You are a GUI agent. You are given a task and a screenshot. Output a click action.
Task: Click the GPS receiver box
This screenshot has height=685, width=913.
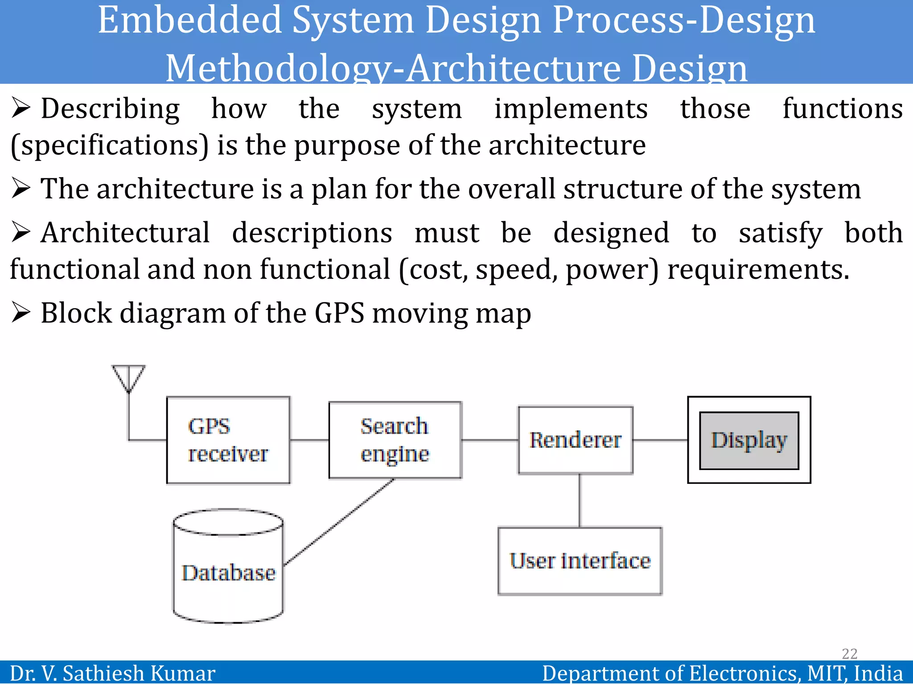(x=228, y=440)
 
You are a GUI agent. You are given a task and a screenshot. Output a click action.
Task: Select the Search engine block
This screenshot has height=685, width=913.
(x=395, y=440)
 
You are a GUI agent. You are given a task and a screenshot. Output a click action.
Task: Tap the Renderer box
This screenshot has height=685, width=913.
(x=575, y=440)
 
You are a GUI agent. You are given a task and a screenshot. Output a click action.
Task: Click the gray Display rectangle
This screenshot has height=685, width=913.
(x=749, y=440)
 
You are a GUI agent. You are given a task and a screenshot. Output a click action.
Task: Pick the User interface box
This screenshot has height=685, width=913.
(x=580, y=561)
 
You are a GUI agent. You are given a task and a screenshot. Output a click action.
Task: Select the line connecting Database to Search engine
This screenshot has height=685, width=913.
(x=339, y=522)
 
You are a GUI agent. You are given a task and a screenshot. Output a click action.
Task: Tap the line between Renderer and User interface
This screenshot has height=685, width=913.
(x=580, y=500)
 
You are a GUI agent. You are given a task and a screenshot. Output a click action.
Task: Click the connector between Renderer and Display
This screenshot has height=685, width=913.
(x=660, y=440)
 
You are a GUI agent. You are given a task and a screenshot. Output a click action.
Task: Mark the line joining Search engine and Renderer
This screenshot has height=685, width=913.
(x=489, y=440)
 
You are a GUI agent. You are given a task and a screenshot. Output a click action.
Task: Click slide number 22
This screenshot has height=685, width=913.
(x=849, y=654)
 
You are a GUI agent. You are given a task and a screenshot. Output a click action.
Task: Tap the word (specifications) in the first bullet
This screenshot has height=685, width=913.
(x=110, y=145)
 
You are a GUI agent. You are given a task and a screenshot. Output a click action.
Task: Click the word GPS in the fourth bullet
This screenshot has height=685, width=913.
(x=340, y=313)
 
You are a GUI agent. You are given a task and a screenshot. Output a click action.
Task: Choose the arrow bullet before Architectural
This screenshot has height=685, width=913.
(x=21, y=232)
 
